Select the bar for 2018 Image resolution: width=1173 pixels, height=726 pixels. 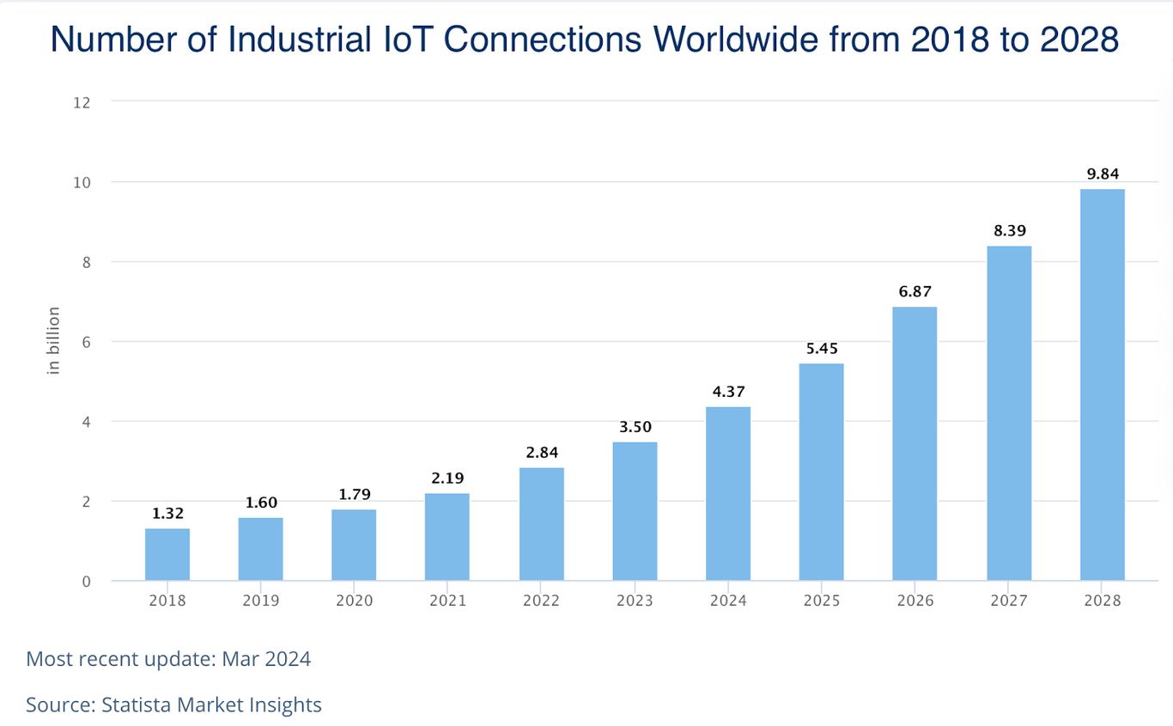[167, 554]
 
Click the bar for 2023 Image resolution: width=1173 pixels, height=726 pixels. [635, 511]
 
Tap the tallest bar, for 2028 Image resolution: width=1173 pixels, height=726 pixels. [1102, 385]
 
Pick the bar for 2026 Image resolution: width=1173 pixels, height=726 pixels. [915, 443]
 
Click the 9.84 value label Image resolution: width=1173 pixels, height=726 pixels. [1102, 174]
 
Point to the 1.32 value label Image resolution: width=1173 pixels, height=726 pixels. [167, 514]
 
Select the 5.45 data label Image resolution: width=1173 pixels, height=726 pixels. [821, 349]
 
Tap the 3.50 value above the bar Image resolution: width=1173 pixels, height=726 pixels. [635, 427]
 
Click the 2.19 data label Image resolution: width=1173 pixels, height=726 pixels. [447, 479]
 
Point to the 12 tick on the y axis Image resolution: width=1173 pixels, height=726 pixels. [82, 102]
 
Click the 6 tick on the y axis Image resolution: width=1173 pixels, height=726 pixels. [86, 342]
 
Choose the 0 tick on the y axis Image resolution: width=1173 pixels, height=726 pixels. [86, 582]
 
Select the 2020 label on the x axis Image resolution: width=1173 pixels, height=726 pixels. [354, 601]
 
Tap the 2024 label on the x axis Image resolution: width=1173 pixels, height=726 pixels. [728, 601]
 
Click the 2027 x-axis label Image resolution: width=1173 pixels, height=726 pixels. [1008, 601]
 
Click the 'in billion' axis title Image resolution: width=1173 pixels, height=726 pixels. [54, 340]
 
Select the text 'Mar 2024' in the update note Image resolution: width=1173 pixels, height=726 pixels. [266, 659]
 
